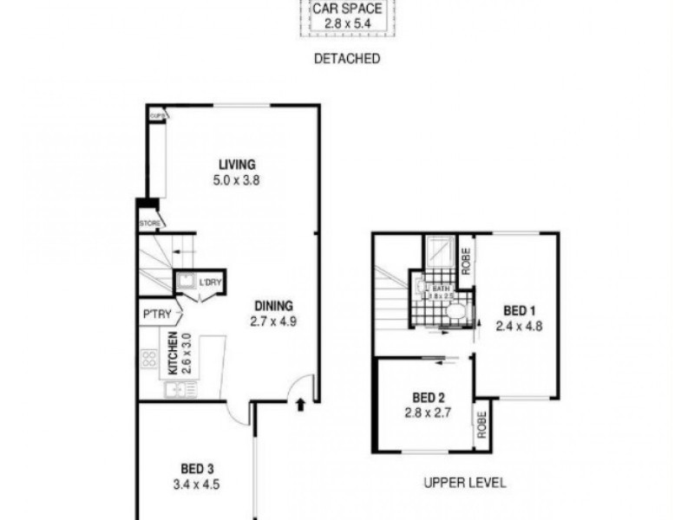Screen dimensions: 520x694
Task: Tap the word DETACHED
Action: (346, 59)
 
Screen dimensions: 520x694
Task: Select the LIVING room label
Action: (237, 165)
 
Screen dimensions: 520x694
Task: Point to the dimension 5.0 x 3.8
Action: (237, 181)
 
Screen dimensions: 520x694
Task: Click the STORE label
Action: (149, 223)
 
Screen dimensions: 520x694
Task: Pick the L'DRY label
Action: (210, 283)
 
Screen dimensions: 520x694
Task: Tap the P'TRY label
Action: (156, 314)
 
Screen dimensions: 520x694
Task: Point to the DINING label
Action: (273, 305)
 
